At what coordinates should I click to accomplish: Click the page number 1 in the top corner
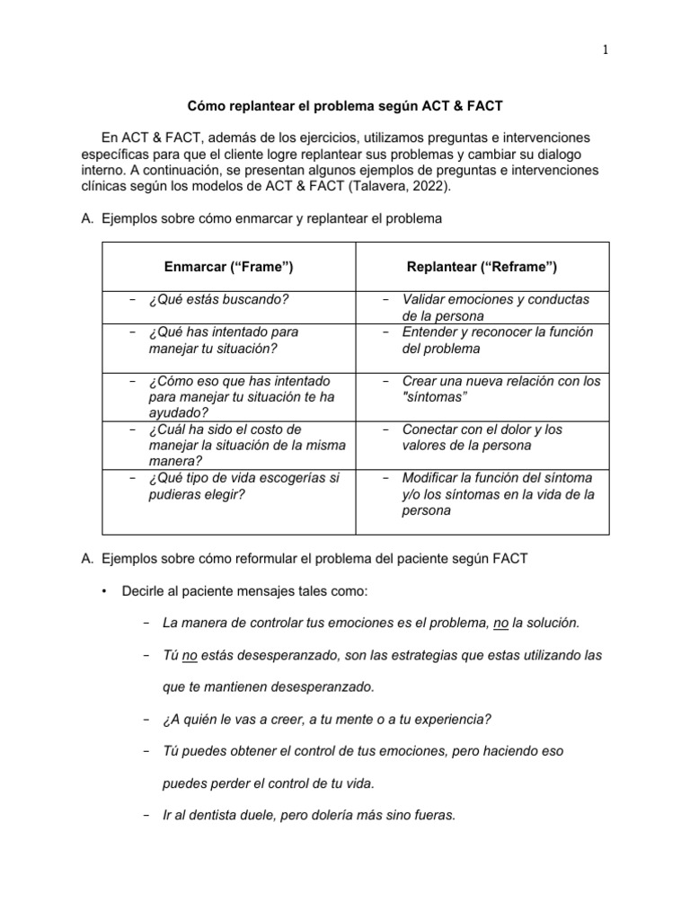605,50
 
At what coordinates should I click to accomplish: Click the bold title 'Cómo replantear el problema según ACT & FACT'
345,106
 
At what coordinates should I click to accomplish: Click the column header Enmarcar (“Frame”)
229,267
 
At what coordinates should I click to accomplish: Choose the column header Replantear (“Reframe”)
482,267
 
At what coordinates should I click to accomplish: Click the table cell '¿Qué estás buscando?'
219,299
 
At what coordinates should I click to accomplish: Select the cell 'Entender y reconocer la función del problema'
497,340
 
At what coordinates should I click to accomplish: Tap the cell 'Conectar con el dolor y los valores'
482,438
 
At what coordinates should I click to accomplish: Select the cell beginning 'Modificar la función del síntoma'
497,493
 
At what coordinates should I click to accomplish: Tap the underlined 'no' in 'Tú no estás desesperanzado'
189,655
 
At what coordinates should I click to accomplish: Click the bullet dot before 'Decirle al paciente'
105,589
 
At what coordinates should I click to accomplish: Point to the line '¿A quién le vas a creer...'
327,719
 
